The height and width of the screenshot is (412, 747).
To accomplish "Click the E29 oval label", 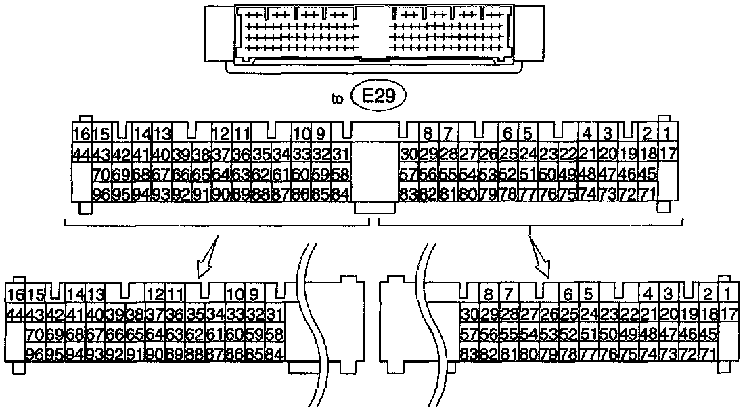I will pos(378,98).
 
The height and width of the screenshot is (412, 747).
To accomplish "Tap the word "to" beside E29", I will pos(337,99).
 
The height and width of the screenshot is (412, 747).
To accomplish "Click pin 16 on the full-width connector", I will pos(81,133).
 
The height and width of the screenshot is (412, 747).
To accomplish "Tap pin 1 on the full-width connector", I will pos(666,133).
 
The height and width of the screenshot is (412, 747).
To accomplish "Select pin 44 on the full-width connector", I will pos(81,154).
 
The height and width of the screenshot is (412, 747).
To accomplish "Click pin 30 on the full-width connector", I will pos(409,154).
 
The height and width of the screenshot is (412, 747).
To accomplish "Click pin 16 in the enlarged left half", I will pos(15,294).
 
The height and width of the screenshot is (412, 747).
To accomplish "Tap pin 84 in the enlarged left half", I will pos(274,353).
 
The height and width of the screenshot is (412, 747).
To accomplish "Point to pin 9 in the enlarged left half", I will pos(254,294).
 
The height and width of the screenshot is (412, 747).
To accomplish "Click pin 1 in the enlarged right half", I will pos(727,294).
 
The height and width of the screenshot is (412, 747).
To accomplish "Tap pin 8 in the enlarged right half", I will pos(488,294).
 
